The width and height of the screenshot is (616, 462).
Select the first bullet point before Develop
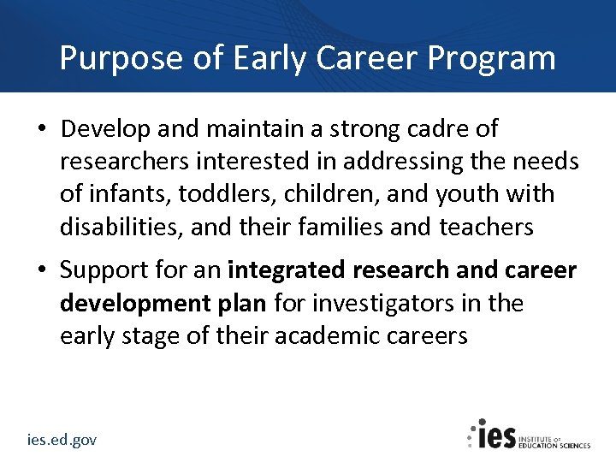click(x=42, y=129)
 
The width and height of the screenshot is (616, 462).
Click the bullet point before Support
click(x=42, y=271)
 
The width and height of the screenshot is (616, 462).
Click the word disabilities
click(x=121, y=227)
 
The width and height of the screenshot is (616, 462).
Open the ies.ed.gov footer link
click(x=61, y=439)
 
